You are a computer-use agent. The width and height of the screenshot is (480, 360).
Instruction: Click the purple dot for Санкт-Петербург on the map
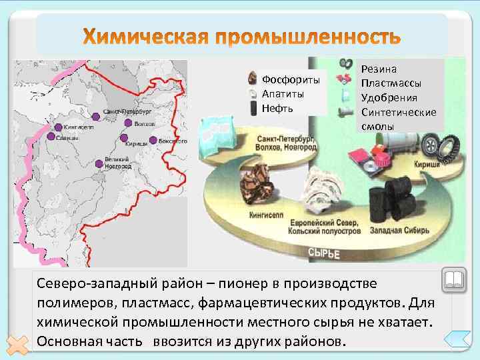click(97, 115)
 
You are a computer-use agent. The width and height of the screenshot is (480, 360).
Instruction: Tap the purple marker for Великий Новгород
click(99, 162)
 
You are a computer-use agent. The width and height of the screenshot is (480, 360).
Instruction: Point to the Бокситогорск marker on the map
click(153, 140)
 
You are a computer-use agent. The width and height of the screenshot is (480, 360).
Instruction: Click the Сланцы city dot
click(51, 137)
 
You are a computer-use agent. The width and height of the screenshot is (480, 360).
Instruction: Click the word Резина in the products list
click(379, 69)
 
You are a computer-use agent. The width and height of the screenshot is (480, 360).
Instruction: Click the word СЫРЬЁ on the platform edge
click(324, 253)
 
